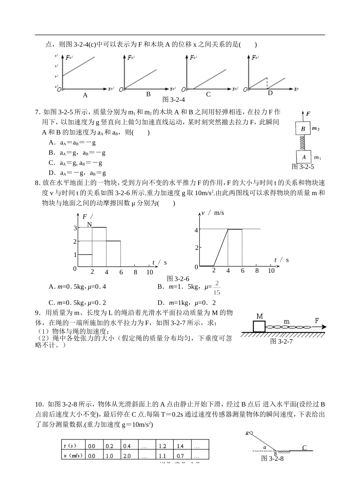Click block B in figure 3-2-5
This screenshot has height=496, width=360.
pos(303,129)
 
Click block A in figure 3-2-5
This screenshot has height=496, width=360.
pos(303,157)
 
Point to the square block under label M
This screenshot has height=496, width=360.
pos(259,326)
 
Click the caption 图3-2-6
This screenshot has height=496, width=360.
pos(175,279)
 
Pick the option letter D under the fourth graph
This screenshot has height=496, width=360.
pos(270,93)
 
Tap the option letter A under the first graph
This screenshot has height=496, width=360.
pos(85,95)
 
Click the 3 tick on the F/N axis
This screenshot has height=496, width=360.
pos(75,228)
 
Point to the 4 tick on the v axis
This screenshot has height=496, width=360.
pos(196,230)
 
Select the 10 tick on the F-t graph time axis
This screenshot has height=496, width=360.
pos(150,272)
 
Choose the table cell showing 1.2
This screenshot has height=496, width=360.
pos(164,446)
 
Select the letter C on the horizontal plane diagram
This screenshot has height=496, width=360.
pos(304,448)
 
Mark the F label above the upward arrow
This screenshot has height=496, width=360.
pos(308,113)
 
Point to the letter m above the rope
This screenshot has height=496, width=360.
pos(286,321)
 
